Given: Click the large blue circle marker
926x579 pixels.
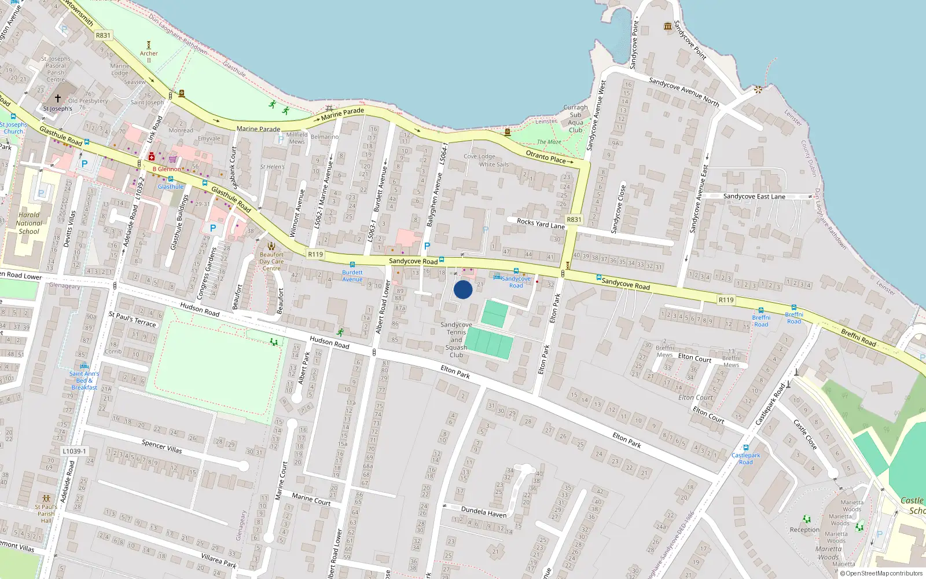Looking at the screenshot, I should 463,289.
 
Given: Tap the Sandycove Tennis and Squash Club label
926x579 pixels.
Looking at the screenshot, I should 456,340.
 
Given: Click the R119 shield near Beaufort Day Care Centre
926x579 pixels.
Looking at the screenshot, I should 315,254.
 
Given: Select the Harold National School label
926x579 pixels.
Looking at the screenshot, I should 29,223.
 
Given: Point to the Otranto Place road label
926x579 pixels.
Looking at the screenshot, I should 545,156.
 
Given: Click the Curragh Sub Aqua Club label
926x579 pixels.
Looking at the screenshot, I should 575,119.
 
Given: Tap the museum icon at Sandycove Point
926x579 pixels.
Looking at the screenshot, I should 668,26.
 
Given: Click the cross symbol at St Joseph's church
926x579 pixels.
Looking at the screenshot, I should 57,98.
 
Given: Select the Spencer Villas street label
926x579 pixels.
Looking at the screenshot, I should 161,446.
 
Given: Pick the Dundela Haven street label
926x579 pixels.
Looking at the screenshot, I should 483,512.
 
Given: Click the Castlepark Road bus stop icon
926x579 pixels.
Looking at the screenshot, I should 745,448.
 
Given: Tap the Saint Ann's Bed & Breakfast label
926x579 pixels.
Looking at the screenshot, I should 84,380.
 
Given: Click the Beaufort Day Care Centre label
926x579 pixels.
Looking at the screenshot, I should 271,261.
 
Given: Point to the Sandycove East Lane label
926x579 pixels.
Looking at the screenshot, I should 754,196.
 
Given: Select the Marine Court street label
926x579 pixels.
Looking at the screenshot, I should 311,499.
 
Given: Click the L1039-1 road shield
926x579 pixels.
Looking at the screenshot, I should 74,451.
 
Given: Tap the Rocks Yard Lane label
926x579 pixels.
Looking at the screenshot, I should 541,223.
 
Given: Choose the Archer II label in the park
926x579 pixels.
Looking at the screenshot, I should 149,56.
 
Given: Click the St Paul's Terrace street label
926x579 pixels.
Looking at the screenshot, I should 133,319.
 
